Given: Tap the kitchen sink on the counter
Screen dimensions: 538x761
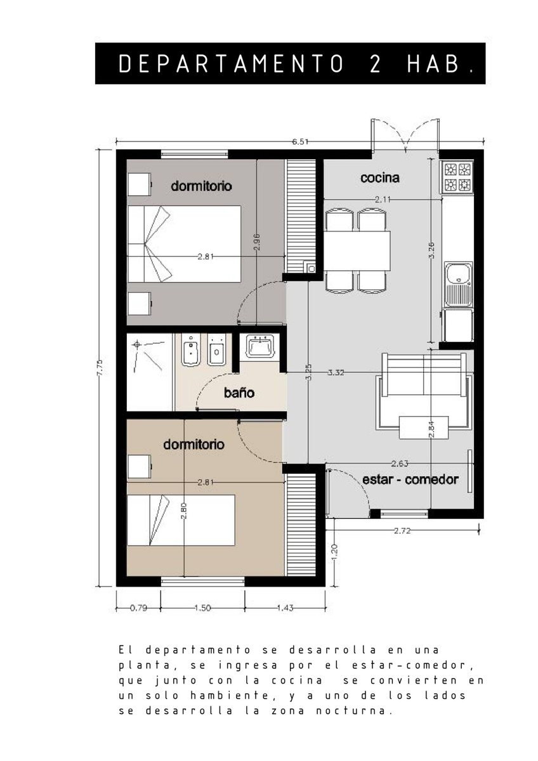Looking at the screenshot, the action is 457,283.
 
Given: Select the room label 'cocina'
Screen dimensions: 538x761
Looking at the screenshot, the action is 379,178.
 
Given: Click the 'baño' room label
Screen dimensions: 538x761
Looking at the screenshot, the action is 239,393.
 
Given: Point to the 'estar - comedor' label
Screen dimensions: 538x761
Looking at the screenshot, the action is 410,479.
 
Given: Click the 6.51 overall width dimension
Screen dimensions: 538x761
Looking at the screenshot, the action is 299,141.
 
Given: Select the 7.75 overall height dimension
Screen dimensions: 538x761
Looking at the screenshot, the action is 100,367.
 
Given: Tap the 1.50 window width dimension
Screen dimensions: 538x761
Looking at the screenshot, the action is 202,608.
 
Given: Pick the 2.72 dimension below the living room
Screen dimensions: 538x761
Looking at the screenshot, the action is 402,531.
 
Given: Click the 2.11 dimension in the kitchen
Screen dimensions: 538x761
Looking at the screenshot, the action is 383,199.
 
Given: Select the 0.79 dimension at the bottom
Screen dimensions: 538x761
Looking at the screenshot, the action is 138,608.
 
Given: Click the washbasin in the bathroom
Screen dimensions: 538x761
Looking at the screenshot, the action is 259,345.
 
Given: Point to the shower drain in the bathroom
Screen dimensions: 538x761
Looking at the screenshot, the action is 137,345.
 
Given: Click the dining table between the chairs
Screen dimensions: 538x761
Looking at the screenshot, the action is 357,250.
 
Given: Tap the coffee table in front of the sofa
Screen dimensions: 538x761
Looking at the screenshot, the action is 423,427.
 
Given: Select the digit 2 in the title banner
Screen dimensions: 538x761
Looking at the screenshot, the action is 375,64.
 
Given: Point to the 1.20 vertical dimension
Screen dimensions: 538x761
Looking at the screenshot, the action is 334,553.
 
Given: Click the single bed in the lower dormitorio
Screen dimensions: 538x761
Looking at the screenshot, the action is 181,520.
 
